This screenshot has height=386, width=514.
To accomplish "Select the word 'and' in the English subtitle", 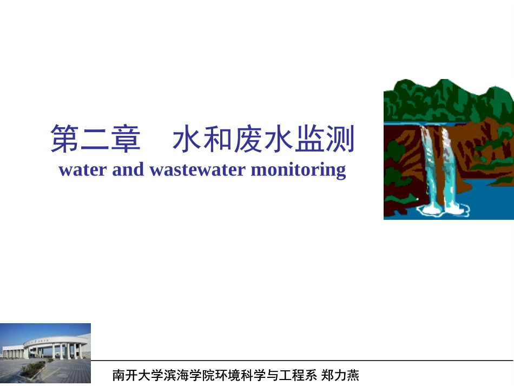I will click(x=128, y=170).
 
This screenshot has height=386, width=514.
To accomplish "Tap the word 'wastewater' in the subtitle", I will click(x=198, y=170).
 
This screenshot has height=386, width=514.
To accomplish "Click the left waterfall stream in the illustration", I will click(x=430, y=162).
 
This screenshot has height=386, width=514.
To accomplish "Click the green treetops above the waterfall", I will click(x=433, y=97).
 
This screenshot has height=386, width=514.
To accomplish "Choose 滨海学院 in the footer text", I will click(x=174, y=375).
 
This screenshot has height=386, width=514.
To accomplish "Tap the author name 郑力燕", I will click(x=341, y=375).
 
